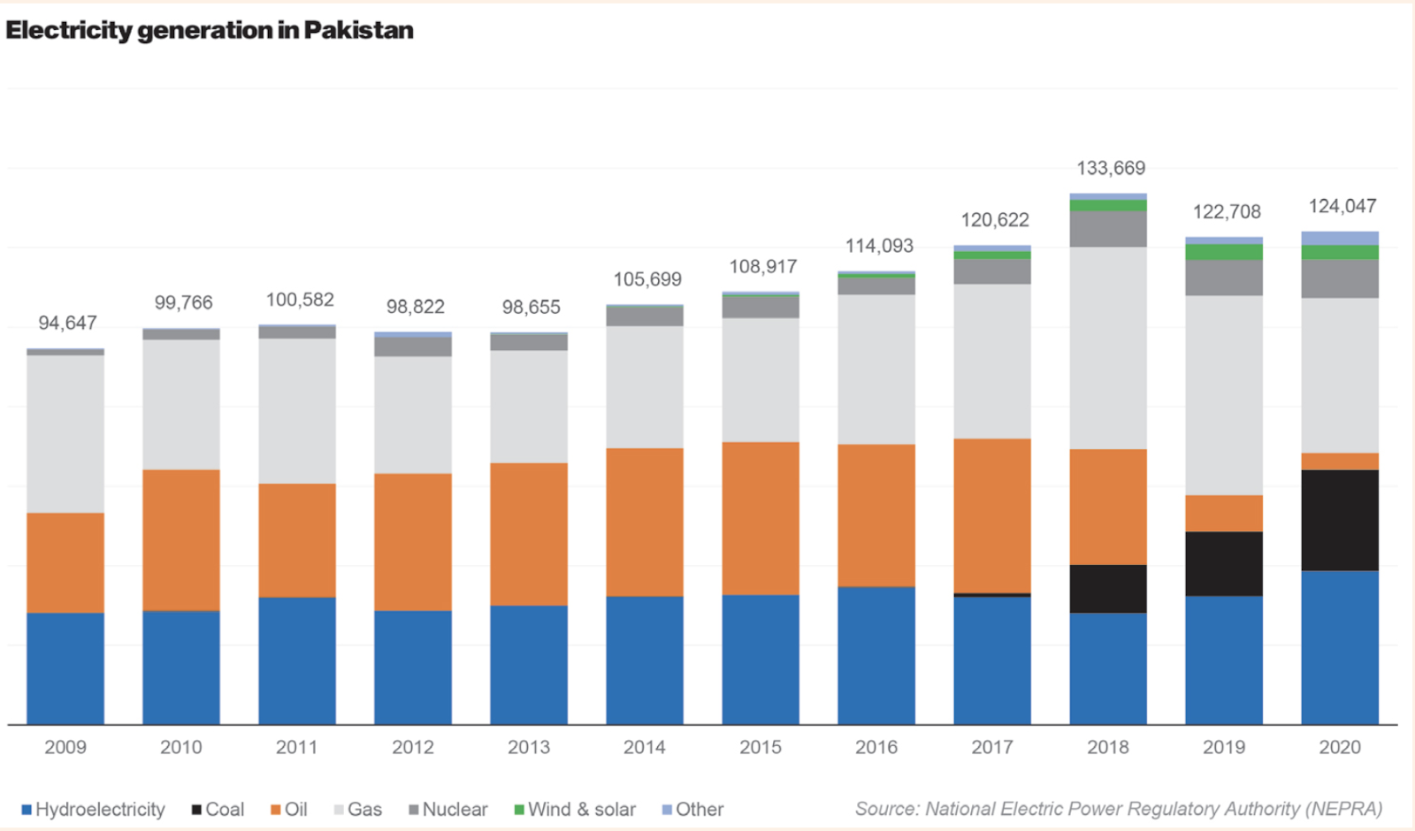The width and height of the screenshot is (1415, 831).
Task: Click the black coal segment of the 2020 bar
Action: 1339,520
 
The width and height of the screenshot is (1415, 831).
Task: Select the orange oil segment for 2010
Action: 181,539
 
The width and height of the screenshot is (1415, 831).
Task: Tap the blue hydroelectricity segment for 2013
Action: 529,665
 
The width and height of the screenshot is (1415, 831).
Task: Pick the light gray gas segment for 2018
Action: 1108,347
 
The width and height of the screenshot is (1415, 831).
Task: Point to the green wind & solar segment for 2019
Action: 1224,252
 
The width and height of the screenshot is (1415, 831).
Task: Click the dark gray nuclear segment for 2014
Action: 645,316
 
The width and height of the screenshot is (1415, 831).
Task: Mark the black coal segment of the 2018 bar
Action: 1108,588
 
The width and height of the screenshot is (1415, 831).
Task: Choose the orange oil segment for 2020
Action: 1339,461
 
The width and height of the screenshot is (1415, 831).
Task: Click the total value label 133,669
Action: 1111,168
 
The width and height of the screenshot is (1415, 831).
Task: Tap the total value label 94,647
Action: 67,323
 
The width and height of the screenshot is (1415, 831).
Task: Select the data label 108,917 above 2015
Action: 762,266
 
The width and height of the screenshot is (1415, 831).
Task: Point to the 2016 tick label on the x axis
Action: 876,747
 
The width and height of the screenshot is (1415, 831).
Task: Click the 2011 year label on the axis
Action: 297,747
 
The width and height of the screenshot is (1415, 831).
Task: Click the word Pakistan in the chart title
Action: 359,30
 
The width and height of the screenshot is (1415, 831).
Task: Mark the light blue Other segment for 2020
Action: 1339,238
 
